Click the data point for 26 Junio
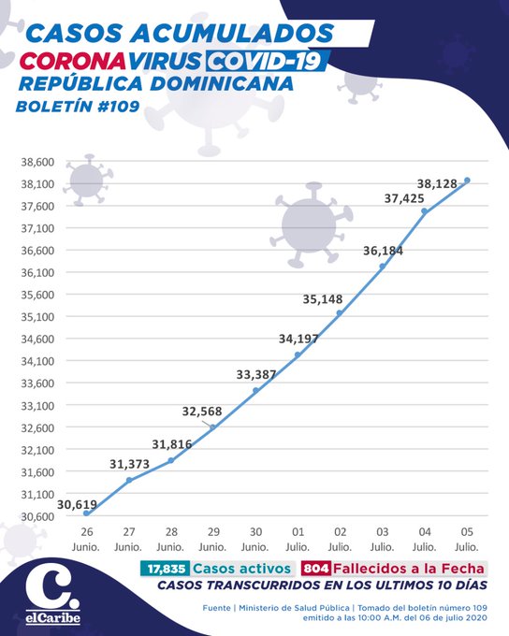[86, 513]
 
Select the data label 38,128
[437, 183]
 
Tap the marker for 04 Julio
[424, 211]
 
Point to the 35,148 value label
[323, 299]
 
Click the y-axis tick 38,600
[37, 162]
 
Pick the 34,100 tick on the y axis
[37, 361]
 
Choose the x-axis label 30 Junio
[255, 539]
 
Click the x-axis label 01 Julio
[298, 539]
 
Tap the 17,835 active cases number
[166, 569]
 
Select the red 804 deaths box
[316, 569]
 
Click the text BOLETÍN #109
[78, 107]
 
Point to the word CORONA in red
[72, 61]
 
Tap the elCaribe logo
[52, 597]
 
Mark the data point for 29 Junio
[212, 427]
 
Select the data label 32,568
[202, 412]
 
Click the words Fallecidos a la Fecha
[409, 569]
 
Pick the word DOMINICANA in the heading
[222, 83]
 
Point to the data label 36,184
[383, 251]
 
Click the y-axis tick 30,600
[37, 516]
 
